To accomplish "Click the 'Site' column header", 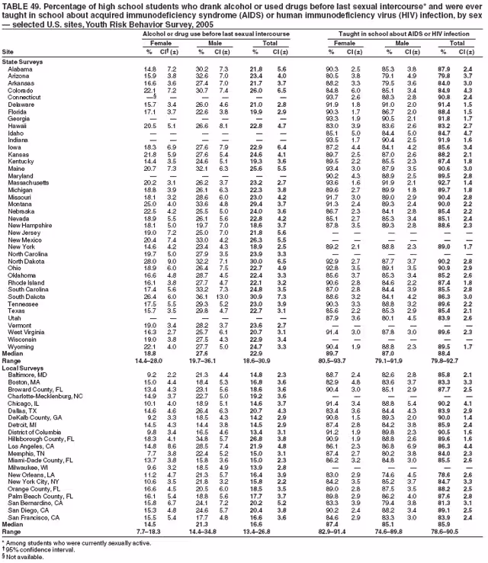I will coord(8,51).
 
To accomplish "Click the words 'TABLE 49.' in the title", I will coord(24,5).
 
